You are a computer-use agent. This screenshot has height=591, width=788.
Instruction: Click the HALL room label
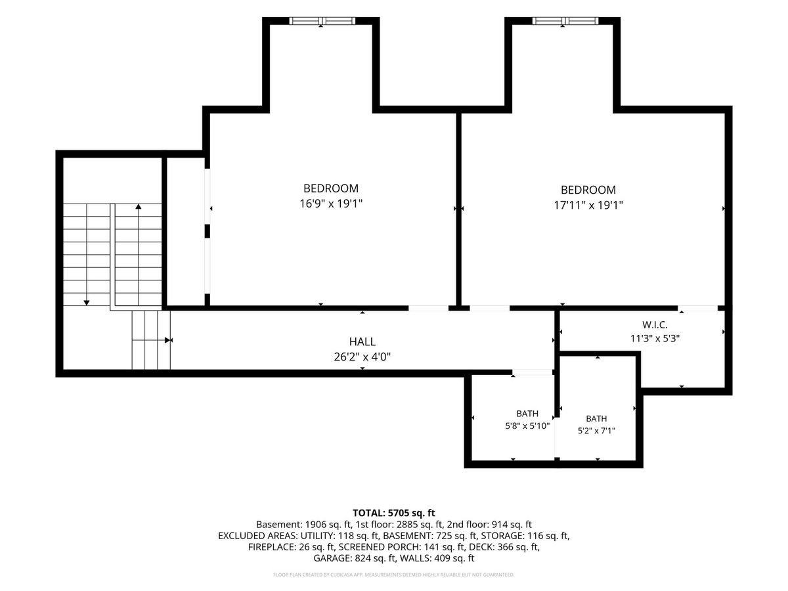click(362, 341)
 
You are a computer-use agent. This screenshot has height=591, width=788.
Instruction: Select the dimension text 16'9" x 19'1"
click(331, 204)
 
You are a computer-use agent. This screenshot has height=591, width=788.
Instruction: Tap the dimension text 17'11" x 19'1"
click(588, 206)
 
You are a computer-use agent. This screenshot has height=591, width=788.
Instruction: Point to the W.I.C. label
click(655, 325)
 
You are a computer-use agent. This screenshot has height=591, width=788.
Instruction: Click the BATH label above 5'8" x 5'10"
click(527, 414)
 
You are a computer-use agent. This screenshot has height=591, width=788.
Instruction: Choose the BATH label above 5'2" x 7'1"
click(596, 419)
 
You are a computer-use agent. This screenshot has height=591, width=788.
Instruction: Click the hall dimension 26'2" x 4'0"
click(362, 357)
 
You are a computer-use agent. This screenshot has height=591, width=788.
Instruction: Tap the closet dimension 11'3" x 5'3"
click(655, 338)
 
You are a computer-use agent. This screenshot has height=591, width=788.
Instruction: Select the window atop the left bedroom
click(322, 21)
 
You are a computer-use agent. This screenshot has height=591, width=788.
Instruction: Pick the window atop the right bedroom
click(565, 21)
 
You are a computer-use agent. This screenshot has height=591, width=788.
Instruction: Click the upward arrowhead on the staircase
click(138, 206)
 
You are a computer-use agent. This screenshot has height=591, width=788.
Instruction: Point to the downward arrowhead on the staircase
click(87, 303)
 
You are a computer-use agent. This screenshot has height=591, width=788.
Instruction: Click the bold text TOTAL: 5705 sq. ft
click(394, 513)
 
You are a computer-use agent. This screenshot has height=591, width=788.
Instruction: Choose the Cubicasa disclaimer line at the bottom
click(394, 575)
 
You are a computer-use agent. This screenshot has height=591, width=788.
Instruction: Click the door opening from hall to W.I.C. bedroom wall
click(697, 308)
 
